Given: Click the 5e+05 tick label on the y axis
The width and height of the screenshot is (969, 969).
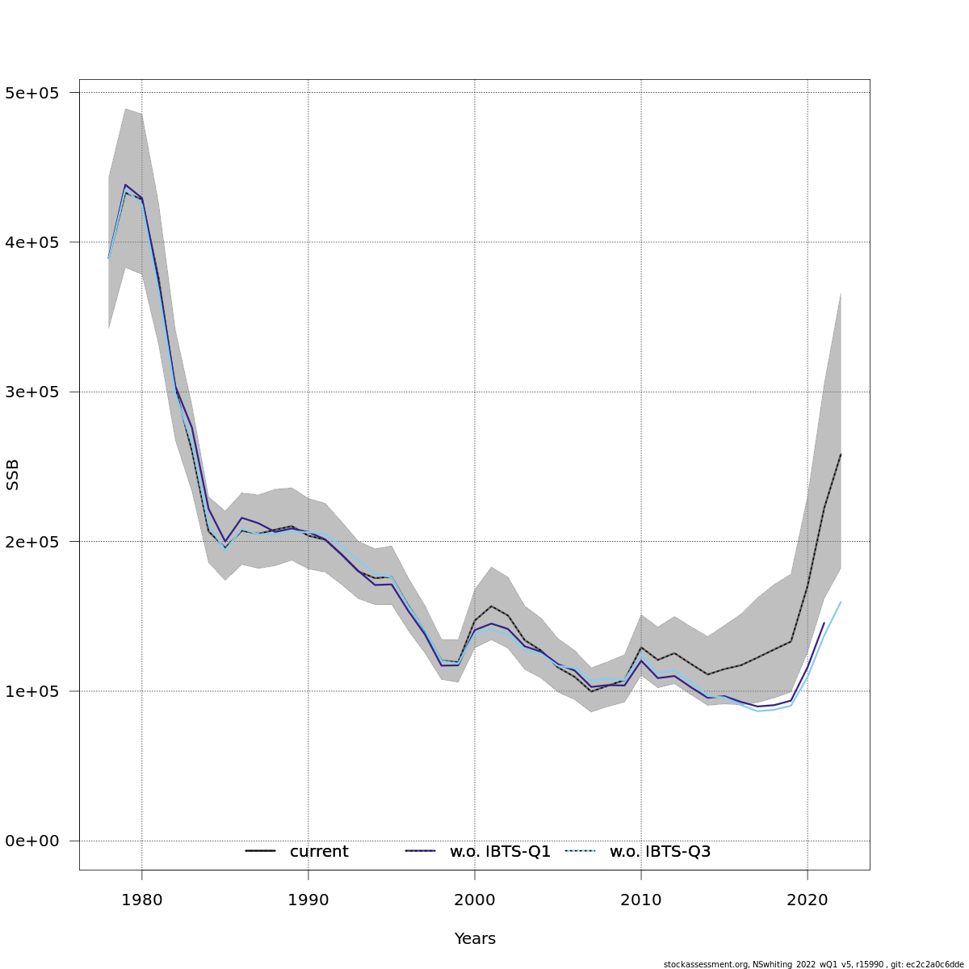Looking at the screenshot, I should [32, 93].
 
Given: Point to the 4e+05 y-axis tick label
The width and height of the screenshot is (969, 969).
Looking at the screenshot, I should [32, 242].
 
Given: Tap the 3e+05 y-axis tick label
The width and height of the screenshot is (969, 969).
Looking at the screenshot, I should [32, 392].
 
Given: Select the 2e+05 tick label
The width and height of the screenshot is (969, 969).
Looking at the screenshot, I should [32, 542].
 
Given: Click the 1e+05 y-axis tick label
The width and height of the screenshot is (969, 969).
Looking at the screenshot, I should [32, 691].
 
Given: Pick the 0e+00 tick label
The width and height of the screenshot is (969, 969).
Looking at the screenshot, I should [32, 841].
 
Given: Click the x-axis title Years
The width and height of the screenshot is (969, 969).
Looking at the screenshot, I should [475, 939].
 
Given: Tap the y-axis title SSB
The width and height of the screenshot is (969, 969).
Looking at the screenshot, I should [13, 475].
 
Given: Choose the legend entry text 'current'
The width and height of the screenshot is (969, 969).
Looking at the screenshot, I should [319, 852].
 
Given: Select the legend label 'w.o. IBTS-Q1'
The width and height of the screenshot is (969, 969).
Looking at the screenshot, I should [500, 852].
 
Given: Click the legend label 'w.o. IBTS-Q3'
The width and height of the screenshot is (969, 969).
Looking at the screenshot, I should [660, 852].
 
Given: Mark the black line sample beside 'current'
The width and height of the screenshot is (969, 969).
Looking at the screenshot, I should [261, 851].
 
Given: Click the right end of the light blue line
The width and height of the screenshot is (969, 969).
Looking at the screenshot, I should [841, 602].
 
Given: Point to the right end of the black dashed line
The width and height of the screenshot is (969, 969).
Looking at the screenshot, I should [841, 454].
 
